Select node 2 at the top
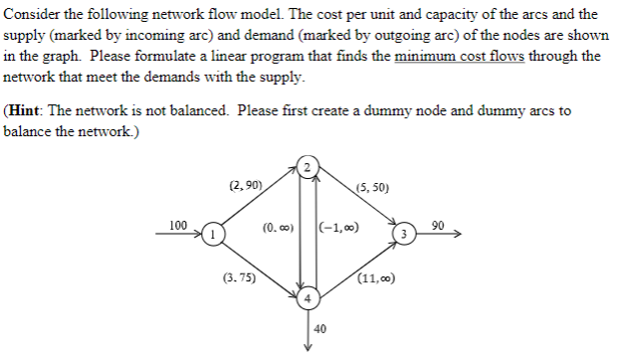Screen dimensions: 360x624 [309, 166]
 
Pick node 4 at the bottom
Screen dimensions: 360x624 [309, 298]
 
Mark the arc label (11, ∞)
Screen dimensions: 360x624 [377, 279]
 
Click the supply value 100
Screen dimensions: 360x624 [178, 226]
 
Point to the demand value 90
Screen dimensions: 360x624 [439, 226]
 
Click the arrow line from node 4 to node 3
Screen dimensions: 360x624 [357, 267]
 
